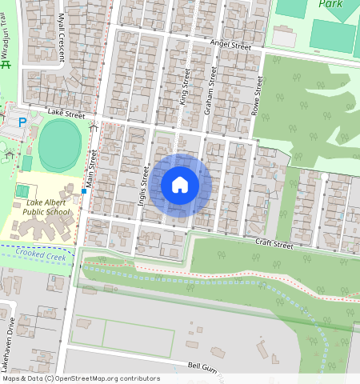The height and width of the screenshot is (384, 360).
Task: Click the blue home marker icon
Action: (x=180, y=185)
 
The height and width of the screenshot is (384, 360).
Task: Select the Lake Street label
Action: (x=66, y=115)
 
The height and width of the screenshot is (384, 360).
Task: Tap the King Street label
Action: (x=185, y=87)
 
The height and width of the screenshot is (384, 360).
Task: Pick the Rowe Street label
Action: (x=257, y=101)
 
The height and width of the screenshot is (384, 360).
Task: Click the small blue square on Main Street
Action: (x=83, y=191)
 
